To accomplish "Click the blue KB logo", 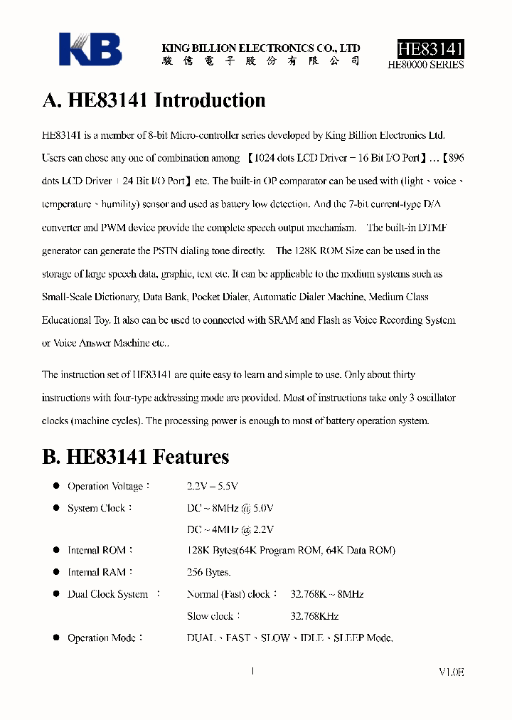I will coord(90,50).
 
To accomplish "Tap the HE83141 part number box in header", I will coord(430,49).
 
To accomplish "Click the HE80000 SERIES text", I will coord(426,65).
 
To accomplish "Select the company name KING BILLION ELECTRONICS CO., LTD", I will coord(261,48).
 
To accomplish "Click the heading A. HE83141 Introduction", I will coord(154,100).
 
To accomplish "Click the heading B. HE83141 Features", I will coord(136,457).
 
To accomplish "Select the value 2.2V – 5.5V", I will coord(212,487).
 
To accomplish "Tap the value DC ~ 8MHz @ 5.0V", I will coord(230,508).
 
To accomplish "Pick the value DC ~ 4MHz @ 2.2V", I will coord(230,529).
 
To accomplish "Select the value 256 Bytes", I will coord(208,572).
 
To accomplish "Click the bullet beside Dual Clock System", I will coord(56,593).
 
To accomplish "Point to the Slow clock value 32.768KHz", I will coord(314,616).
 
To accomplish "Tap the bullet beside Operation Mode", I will coord(56,637).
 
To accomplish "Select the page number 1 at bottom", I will coord(253,670).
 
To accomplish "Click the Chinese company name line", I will coord(260,61).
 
